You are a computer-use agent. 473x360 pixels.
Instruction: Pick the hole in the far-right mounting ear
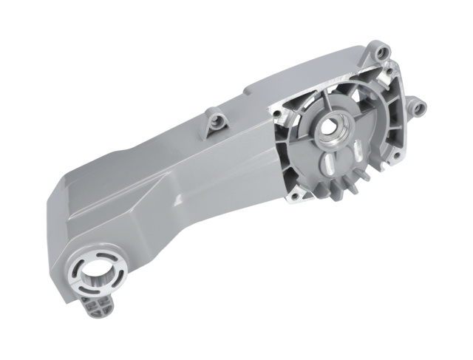tap(418, 109)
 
